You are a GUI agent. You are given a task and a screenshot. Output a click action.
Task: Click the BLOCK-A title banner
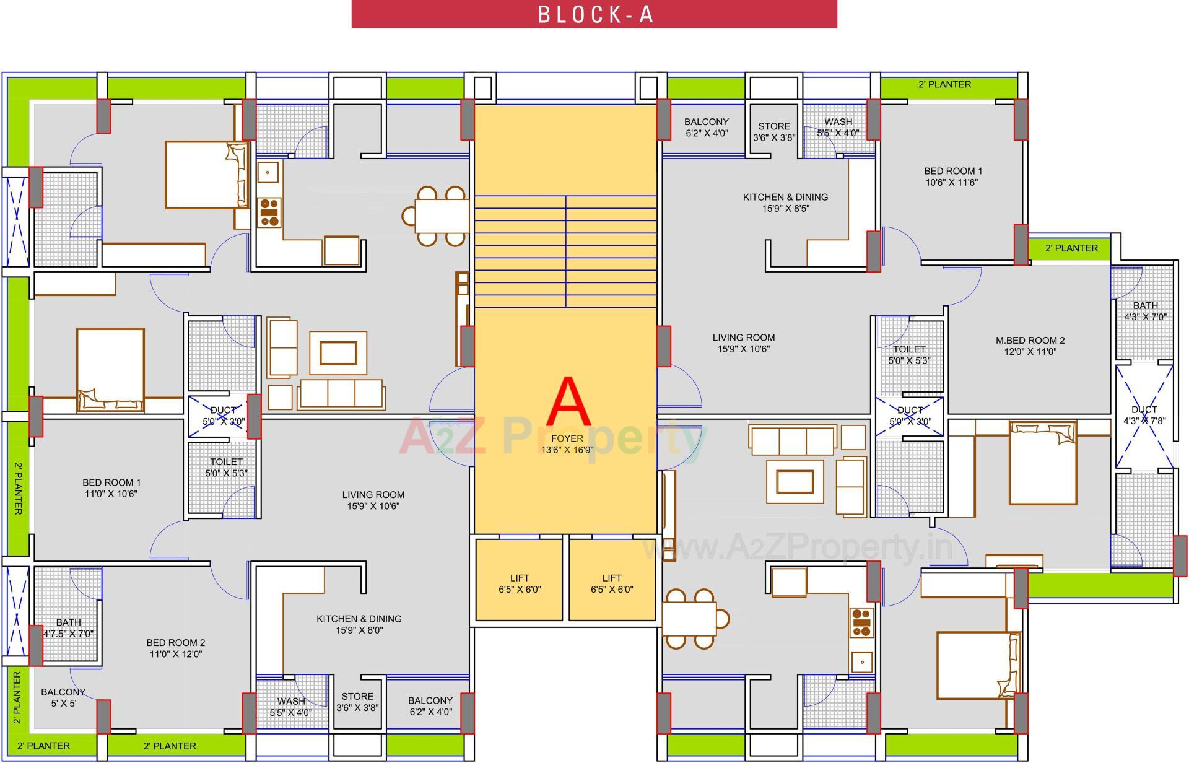[594, 14]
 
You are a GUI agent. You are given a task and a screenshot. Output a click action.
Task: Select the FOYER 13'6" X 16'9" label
[567, 444]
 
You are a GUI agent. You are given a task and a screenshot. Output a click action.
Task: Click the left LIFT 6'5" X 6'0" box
[519, 583]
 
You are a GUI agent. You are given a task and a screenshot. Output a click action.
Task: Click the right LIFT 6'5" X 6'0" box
[611, 583]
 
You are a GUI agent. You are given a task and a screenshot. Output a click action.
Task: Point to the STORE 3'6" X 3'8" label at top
[773, 132]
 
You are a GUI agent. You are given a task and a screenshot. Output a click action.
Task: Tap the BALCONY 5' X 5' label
[63, 697]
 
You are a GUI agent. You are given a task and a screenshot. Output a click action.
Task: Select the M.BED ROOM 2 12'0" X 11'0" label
[1030, 346]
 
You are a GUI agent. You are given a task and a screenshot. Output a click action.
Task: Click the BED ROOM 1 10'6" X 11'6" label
[952, 177]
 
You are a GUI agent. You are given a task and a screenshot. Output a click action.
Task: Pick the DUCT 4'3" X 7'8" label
[1144, 415]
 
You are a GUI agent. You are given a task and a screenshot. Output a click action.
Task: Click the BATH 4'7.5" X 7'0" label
[68, 628]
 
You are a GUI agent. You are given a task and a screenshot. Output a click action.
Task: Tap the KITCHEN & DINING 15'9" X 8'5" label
[785, 203]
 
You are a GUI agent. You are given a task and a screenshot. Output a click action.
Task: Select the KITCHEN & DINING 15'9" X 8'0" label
[359, 624]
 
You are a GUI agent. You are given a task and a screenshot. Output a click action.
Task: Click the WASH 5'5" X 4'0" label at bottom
[290, 707]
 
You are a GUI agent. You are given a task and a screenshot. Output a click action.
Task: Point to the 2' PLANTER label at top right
[944, 84]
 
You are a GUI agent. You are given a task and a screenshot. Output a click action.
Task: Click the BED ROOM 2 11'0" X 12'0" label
[175, 648]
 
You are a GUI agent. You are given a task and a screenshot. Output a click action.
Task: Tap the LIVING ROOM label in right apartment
[743, 343]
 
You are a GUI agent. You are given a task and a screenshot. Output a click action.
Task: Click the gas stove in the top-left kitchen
[269, 212]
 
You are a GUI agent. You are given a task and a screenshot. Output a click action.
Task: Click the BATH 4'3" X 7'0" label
[1145, 311]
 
